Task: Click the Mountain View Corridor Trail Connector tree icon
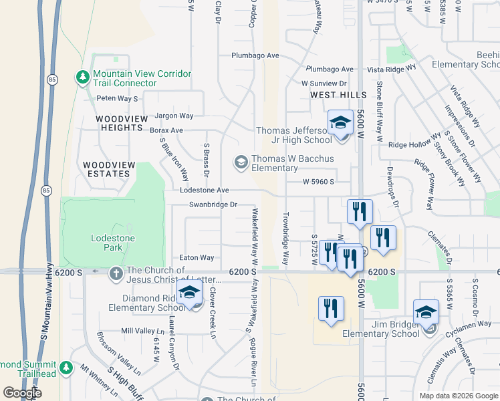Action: coord(83,78)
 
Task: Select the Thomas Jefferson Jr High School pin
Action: coord(340,124)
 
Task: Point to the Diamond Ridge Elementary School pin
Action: coord(190,293)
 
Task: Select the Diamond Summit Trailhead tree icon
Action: coord(66,368)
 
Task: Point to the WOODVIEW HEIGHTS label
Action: coord(122,119)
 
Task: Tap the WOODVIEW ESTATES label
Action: coord(107,169)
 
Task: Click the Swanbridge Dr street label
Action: coord(213,205)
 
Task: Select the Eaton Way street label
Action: coord(197,257)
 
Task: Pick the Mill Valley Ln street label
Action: coord(142,331)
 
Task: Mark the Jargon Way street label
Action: coord(174,116)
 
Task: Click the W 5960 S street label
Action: coord(318,181)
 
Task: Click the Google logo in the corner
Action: coord(22,393)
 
